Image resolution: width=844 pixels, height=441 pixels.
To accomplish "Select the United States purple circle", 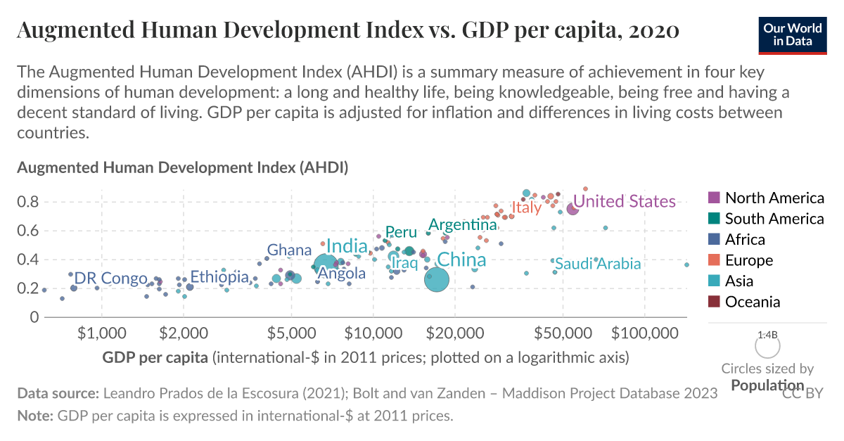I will pos(573,209).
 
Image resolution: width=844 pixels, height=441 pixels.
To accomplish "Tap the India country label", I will pos(347,246).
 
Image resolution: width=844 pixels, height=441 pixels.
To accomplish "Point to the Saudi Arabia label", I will pos(598,264).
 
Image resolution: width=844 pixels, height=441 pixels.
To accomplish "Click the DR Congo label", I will pos(110,278).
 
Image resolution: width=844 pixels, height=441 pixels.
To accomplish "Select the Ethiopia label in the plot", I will pos(219,276).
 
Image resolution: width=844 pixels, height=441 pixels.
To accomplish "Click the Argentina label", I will pos(463,225).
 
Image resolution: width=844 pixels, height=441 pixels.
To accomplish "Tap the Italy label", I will pos(526,207).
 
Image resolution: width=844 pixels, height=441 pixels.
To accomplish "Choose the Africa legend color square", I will pos(713,239).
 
